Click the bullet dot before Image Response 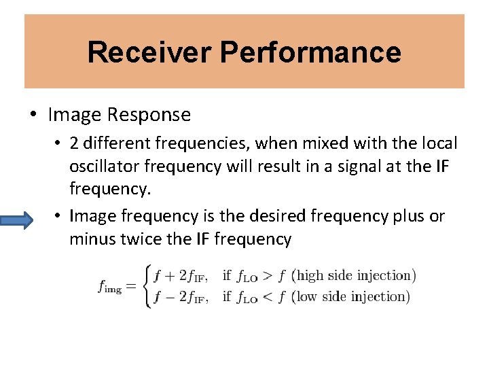pyautogui.click(x=33, y=114)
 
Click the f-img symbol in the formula pyautogui.click(x=110, y=286)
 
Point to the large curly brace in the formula pyautogui.click(x=147, y=285)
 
